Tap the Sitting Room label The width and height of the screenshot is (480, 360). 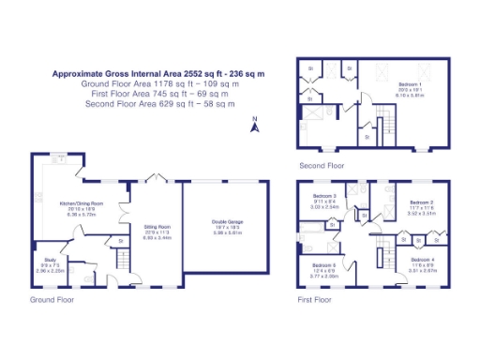click(156, 226)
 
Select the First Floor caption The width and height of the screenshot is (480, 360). click(315, 300)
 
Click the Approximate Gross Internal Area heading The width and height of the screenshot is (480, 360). click(157, 72)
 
